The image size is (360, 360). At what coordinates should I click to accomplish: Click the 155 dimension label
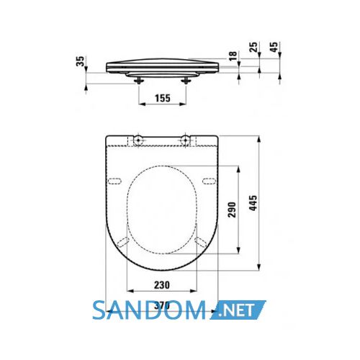pyautogui.click(x=163, y=98)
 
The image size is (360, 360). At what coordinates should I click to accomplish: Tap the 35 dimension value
pyautogui.click(x=81, y=61)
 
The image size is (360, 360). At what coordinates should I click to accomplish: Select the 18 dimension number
pyautogui.click(x=233, y=55)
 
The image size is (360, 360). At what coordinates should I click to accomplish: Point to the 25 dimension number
pyautogui.click(x=253, y=47)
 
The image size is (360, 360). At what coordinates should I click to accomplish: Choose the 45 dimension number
pyautogui.click(x=274, y=47)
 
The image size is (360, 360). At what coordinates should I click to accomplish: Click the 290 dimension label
pyautogui.click(x=232, y=210)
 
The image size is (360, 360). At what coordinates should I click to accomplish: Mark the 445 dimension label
pyautogui.click(x=253, y=203)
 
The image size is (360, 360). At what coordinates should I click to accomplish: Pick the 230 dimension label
pyautogui.click(x=162, y=285)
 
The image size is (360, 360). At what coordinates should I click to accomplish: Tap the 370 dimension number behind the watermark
pyautogui.click(x=162, y=306)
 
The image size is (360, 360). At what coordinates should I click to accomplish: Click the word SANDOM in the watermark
pyautogui.click(x=149, y=310)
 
